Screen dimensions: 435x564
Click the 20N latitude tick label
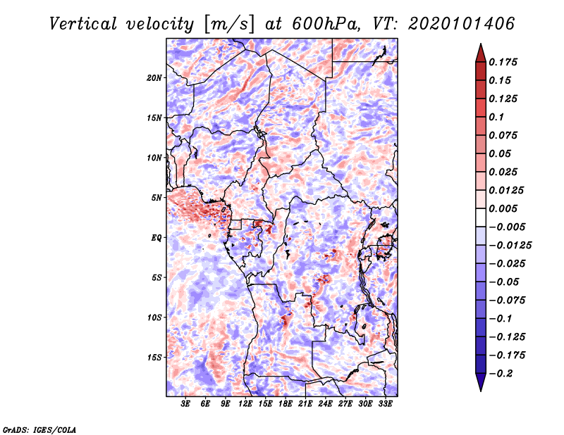[x=154, y=77]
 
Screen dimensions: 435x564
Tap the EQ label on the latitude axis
[x=156, y=237]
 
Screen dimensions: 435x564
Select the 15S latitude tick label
[x=154, y=357]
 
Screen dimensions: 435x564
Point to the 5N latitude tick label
[x=157, y=197]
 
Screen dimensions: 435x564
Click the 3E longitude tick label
[x=185, y=404]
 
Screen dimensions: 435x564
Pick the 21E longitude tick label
[x=305, y=404]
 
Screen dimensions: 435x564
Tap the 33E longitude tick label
[x=385, y=404]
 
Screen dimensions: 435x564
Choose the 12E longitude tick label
[x=245, y=404]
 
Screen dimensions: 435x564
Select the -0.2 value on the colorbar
[x=503, y=373]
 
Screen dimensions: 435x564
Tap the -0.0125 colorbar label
[x=511, y=245]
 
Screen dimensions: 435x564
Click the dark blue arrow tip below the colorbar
[x=480, y=386]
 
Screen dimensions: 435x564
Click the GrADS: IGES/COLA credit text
[x=39, y=429]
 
